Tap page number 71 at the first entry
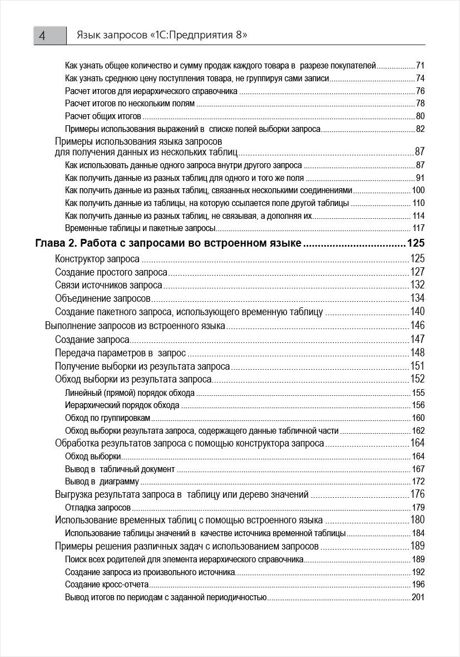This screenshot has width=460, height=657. tap(420, 65)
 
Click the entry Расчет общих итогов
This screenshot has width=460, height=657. tap(103, 116)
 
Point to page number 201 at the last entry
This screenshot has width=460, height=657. tap(418, 597)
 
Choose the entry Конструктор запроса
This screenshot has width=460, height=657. tap(97, 258)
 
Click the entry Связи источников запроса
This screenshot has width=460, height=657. tap(108, 285)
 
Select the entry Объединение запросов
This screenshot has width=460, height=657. tap(103, 298)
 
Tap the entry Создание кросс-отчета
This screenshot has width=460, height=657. tap(107, 585)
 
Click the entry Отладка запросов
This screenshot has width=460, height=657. tap(98, 507)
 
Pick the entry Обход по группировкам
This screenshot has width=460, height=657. tap(107, 418)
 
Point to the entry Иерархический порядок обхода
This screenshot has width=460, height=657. tap(122, 405)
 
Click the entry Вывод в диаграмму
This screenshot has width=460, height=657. tap(102, 482)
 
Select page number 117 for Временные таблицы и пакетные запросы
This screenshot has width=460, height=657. tap(418, 228)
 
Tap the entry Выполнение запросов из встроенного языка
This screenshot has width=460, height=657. tap(135, 326)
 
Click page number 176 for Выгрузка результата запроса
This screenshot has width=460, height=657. tap(417, 494)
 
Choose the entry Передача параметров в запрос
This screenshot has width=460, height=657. tap(120, 352)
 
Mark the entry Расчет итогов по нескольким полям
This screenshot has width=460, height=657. tap(130, 104)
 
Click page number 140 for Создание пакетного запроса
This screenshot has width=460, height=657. tap(417, 312)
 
